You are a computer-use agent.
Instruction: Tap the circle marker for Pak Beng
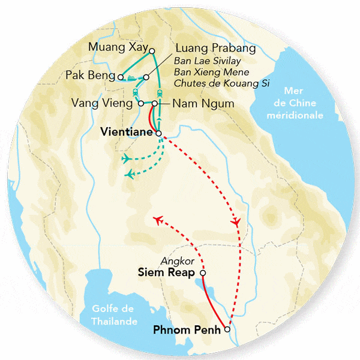(x=121, y=77)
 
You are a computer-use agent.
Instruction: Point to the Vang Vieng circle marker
(x=141, y=103)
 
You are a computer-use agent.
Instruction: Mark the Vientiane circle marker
(x=158, y=133)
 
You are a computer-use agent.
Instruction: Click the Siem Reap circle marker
(x=202, y=273)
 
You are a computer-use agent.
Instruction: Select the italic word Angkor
(x=176, y=262)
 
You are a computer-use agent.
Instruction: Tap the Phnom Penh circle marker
(x=227, y=329)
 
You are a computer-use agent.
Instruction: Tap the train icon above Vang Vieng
(x=136, y=92)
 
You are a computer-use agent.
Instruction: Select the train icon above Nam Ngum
(x=160, y=93)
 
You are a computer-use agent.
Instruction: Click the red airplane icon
(x=159, y=220)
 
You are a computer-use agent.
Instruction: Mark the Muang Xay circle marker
(x=152, y=51)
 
